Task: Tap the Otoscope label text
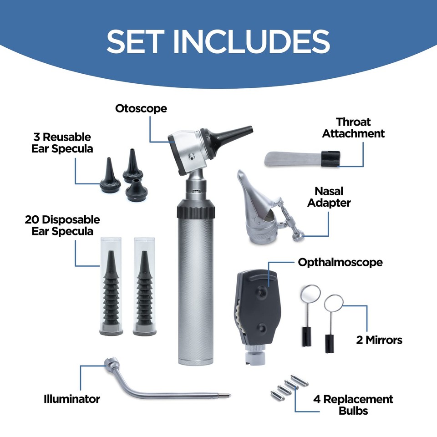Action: [141, 109]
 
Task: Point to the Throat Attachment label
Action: [360, 128]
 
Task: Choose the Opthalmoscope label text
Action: [340, 262]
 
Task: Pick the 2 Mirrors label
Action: [379, 340]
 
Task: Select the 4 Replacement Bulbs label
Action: [353, 405]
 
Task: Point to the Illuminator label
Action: [71, 399]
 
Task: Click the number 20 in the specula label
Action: [34, 220]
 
